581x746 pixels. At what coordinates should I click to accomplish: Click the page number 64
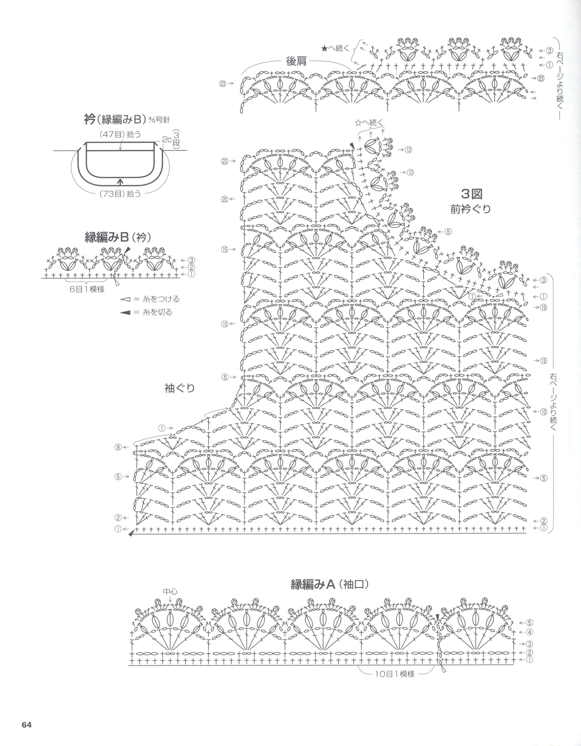pos(27,723)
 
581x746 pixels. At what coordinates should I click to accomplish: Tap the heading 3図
pos(472,194)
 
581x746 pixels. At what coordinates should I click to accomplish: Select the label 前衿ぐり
pos(471,209)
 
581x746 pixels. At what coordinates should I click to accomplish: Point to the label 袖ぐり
pos(180,388)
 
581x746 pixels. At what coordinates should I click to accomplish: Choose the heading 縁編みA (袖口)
pos(330,584)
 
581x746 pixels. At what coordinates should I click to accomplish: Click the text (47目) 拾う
pos(120,135)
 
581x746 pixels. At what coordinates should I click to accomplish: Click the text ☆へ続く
pos(369,123)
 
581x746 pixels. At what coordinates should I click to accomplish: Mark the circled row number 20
pos(224,200)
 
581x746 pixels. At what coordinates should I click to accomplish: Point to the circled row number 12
pos(409,149)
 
